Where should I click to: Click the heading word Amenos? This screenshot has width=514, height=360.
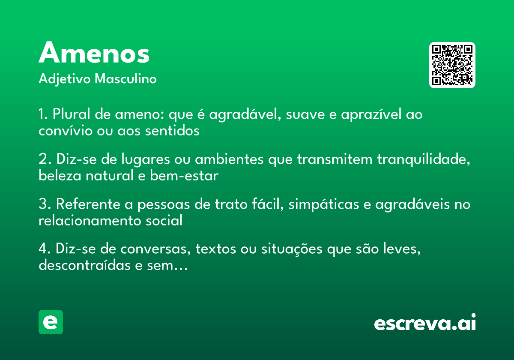(x=94, y=54)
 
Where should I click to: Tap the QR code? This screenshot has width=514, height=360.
(x=452, y=65)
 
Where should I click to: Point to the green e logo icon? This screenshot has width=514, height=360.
(x=51, y=322)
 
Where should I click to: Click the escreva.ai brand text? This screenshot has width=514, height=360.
(x=425, y=323)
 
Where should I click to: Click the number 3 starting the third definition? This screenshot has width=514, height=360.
(x=42, y=205)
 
